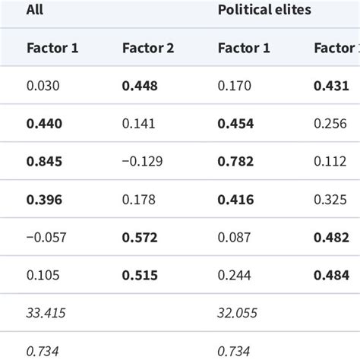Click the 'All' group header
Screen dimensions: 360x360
(x=34, y=10)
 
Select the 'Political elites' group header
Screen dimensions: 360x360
(x=264, y=10)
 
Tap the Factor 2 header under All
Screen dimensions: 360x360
(x=148, y=49)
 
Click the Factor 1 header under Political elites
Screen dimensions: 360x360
(x=244, y=49)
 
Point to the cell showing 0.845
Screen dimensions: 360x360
(x=45, y=161)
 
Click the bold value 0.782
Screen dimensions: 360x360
(x=236, y=161)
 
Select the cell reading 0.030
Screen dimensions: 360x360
(x=42, y=86)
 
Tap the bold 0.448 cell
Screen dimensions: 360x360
(x=140, y=86)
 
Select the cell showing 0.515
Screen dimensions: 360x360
(x=140, y=274)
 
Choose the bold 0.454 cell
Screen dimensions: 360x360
(x=236, y=124)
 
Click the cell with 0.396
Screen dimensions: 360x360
(x=45, y=199)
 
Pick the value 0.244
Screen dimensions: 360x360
(x=233, y=274)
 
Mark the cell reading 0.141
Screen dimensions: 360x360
(x=137, y=124)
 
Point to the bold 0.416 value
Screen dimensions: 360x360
(x=236, y=199)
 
